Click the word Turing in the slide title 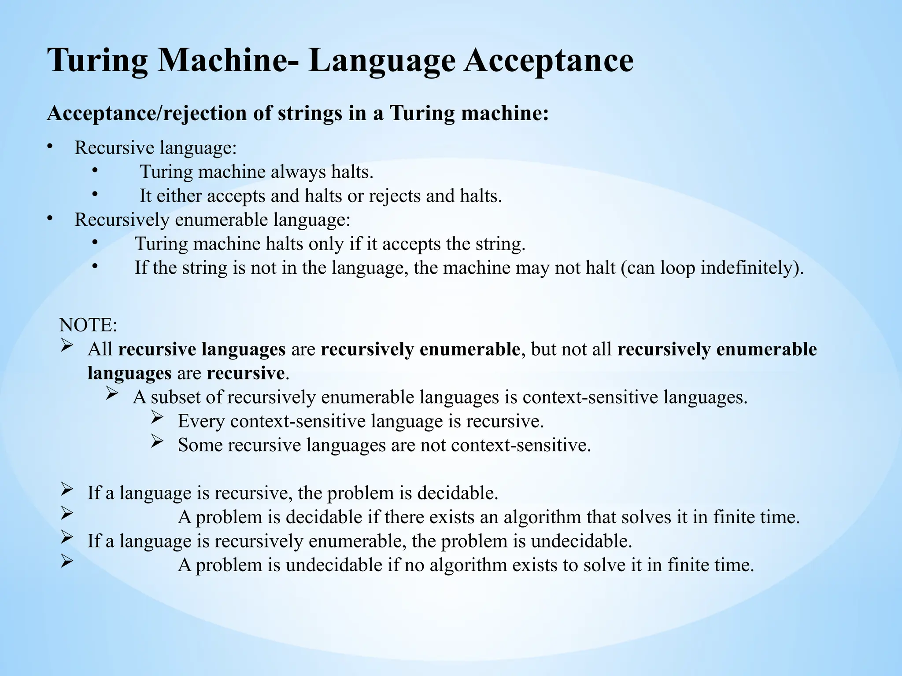point(98,61)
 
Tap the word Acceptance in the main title point(549,61)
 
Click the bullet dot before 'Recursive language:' point(50,147)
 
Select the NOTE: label point(88,325)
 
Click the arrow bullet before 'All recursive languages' point(67,346)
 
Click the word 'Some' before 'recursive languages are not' point(200,445)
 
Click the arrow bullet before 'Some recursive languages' point(157,442)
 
